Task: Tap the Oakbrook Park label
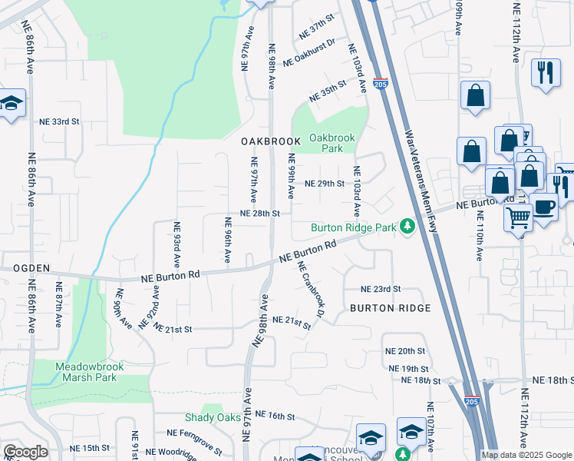pyautogui.click(x=332, y=143)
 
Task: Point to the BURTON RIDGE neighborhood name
pyautogui.click(x=390, y=308)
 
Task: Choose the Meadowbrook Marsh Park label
pyautogui.click(x=96, y=372)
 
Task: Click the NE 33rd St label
pyautogui.click(x=60, y=121)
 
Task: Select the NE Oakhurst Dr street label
pyautogui.click(x=309, y=53)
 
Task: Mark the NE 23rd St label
pyautogui.click(x=381, y=289)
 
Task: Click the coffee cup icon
pyautogui.click(x=544, y=207)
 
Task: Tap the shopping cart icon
pyautogui.click(x=518, y=218)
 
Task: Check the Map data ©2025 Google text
pyautogui.click(x=526, y=455)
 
